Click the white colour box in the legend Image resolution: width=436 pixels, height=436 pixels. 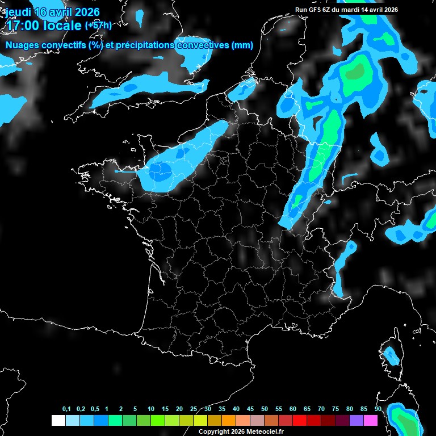click(58, 421)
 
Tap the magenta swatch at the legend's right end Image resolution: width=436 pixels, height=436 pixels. click(371, 421)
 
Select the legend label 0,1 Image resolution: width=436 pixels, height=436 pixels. click(66, 409)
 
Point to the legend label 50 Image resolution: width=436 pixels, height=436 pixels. click(265, 409)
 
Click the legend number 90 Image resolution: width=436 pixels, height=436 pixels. click(378, 409)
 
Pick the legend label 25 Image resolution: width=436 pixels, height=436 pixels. click(194, 409)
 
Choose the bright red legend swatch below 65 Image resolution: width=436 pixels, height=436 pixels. click(300, 421)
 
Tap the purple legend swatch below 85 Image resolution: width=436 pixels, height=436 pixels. click(357, 421)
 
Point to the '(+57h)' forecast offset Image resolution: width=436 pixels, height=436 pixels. click(98, 25)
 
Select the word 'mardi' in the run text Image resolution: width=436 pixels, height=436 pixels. click(355, 10)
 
